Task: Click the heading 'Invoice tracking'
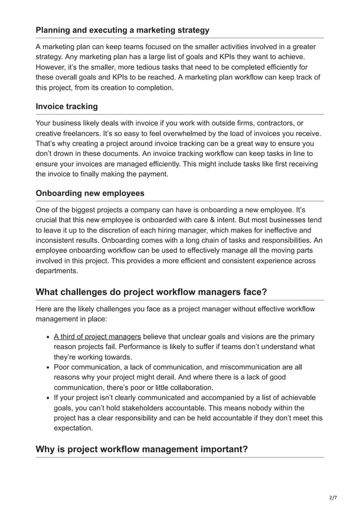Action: click(66, 106)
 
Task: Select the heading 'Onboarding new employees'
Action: click(90, 193)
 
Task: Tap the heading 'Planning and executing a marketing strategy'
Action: click(122, 30)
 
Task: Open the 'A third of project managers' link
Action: click(97, 337)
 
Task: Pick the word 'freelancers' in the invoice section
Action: click(91, 133)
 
